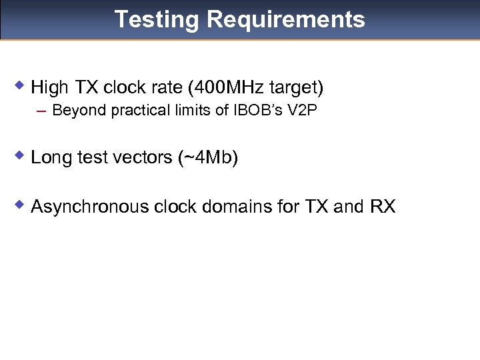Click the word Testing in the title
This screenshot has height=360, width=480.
157,19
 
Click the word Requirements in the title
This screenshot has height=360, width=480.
286,19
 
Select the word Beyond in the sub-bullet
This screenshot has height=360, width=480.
74,110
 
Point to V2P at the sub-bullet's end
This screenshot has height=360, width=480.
301,110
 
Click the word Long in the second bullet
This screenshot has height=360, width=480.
48,158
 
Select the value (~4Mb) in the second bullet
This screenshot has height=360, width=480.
208,158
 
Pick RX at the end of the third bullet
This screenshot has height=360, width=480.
382,207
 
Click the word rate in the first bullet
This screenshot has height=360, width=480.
169,87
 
